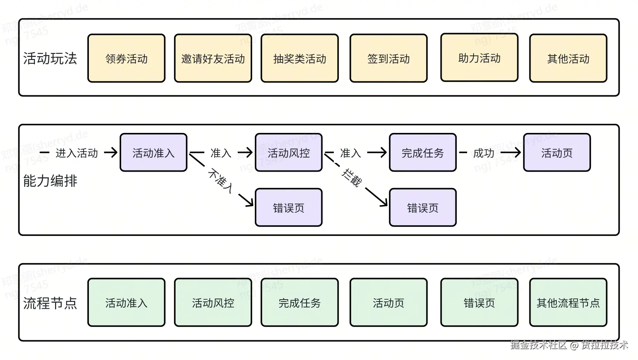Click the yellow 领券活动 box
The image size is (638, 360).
click(x=126, y=58)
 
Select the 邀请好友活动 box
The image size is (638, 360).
click(x=213, y=58)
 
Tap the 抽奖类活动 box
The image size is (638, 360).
click(x=300, y=58)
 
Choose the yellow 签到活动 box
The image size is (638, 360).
click(x=388, y=58)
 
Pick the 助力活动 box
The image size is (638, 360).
click(x=479, y=58)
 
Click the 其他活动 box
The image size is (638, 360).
click(x=568, y=58)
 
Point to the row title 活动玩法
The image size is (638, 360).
click(x=50, y=58)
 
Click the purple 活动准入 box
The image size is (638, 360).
click(x=153, y=153)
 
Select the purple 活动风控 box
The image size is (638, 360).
click(x=289, y=153)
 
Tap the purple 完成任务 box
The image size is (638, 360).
click(x=423, y=153)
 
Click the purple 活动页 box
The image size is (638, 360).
click(x=557, y=153)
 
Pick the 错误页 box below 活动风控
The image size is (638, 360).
click(x=289, y=208)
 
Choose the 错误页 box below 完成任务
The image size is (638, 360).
click(x=423, y=208)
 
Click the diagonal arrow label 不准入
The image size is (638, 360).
click(x=221, y=181)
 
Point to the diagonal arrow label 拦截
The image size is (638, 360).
click(x=351, y=178)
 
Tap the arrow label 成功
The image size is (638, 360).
click(x=483, y=153)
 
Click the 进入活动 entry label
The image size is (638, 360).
click(x=77, y=153)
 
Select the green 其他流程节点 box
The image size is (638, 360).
click(x=568, y=303)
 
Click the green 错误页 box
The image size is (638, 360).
click(x=479, y=303)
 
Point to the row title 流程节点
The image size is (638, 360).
click(x=50, y=303)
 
